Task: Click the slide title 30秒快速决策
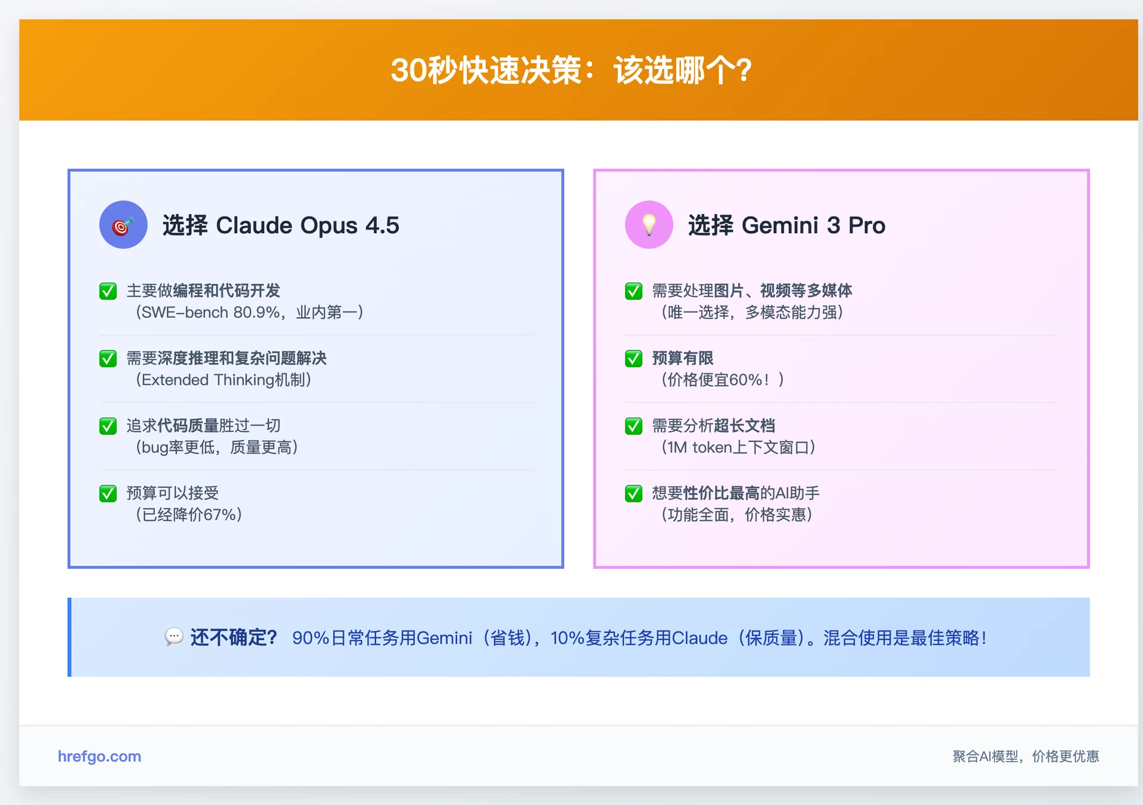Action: tap(570, 70)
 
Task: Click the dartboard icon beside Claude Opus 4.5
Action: tap(123, 225)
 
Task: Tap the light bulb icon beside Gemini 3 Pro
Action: tap(649, 225)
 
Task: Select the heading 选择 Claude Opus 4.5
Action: tap(280, 225)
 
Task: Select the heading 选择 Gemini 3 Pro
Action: tap(786, 225)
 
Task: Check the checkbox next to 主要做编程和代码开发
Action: tap(108, 291)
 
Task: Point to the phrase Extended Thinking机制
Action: tap(223, 380)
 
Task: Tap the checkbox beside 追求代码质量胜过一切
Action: tap(108, 426)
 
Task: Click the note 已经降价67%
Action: tap(189, 515)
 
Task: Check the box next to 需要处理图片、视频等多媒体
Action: tap(633, 291)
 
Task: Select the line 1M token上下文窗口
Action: tap(738, 447)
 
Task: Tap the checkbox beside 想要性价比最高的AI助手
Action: tap(633, 493)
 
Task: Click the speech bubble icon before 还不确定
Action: tap(173, 637)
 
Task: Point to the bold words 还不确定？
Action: tap(233, 638)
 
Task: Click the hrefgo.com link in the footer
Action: tap(99, 756)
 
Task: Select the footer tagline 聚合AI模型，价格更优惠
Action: tap(1025, 756)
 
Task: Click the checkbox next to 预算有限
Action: tap(633, 359)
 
